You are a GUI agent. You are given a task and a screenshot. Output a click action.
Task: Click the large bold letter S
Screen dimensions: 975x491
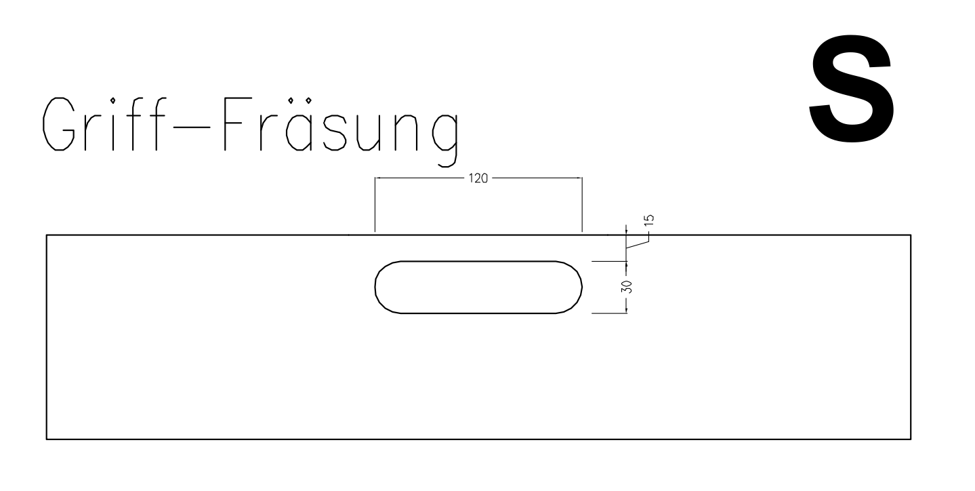click(x=852, y=88)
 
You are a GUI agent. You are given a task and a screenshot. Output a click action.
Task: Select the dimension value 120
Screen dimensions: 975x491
click(x=478, y=178)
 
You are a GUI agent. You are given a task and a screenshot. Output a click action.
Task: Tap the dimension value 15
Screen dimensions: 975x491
click(x=648, y=220)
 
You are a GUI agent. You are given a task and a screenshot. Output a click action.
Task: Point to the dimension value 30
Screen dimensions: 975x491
click(x=627, y=287)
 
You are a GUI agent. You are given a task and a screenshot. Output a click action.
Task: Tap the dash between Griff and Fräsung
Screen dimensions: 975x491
click(x=192, y=127)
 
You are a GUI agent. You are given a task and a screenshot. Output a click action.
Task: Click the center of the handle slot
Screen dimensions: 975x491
click(x=478, y=287)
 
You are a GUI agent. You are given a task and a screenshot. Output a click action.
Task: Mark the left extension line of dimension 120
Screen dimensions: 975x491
click(x=375, y=204)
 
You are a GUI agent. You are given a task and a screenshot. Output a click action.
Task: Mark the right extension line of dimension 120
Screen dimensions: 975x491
click(x=582, y=204)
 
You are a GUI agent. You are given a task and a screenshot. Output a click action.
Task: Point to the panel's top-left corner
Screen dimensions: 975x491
click(x=47, y=235)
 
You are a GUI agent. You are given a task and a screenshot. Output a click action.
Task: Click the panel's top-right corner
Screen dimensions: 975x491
click(x=911, y=235)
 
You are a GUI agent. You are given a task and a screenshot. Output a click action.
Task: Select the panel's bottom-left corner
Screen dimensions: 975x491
click(x=47, y=439)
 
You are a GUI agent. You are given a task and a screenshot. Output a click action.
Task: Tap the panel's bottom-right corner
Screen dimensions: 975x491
click(x=911, y=439)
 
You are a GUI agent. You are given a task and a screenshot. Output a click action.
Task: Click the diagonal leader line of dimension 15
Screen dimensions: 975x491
click(x=638, y=245)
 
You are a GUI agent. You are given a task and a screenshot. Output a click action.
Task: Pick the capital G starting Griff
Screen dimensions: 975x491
click(x=58, y=123)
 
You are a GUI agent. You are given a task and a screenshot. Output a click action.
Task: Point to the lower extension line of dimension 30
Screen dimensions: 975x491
click(x=609, y=313)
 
